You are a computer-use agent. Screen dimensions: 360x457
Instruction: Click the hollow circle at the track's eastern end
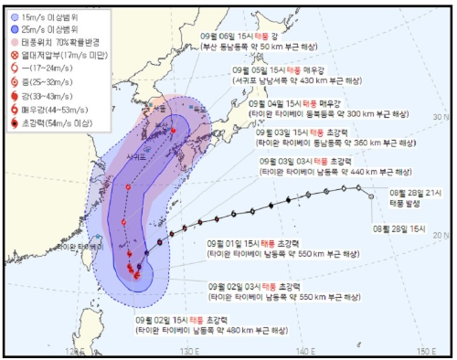pyautogui.click(x=371, y=195)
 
